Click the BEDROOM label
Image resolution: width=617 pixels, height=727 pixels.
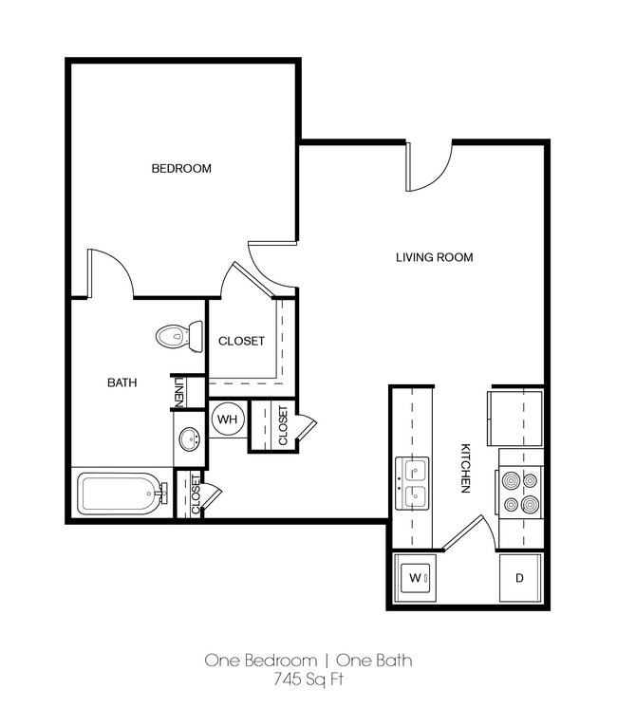tap(181, 169)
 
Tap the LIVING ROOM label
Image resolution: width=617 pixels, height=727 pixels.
tap(434, 257)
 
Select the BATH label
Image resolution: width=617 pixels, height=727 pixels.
tap(122, 383)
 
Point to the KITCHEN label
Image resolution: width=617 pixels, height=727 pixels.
tap(466, 467)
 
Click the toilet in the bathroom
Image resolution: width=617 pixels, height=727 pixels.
tap(179, 335)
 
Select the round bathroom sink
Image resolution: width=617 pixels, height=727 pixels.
tap(190, 439)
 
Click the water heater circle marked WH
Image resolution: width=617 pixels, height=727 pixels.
tap(227, 419)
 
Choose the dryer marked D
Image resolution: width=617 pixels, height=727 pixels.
tap(519, 577)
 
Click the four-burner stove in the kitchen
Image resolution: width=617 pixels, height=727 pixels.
tap(519, 493)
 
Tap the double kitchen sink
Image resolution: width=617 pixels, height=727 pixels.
tap(413, 482)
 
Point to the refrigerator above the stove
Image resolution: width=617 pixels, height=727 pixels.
tap(516, 415)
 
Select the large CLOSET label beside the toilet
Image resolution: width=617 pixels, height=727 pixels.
tap(241, 342)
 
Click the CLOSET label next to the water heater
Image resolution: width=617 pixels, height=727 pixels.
tap(283, 424)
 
